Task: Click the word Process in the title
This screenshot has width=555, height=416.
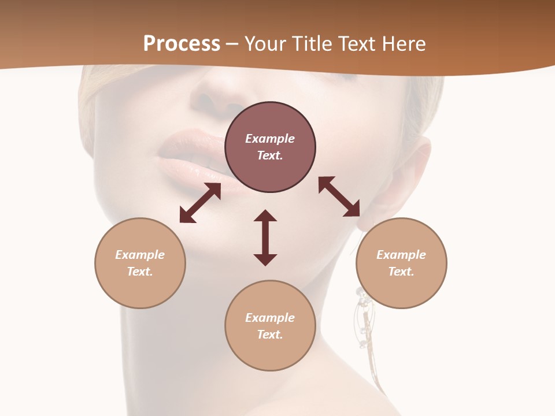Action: tap(182, 43)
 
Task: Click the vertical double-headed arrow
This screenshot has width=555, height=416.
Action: tap(265, 237)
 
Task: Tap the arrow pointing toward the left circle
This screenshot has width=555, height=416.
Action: tap(200, 203)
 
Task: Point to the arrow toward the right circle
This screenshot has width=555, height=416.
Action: tap(339, 196)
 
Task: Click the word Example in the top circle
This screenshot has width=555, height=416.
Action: tap(270, 139)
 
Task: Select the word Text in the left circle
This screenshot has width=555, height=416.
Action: tap(140, 272)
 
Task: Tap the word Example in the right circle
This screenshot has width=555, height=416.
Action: tap(401, 255)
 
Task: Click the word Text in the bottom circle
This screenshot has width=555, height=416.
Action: tap(270, 335)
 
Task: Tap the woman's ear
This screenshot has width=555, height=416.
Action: tap(413, 173)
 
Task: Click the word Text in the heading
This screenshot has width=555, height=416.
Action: tap(357, 43)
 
